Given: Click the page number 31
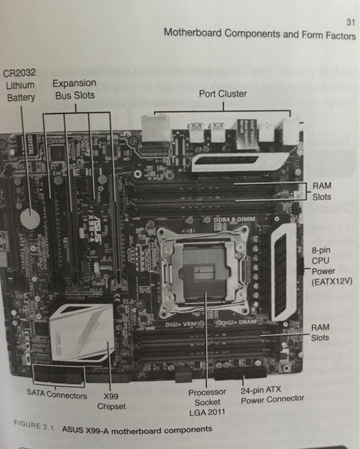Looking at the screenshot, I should click(349, 21).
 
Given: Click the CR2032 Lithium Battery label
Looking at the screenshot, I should click(19, 85).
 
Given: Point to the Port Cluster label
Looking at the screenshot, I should click(223, 93).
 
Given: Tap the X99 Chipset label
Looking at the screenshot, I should click(111, 401).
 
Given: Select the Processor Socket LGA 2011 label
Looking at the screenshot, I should click(207, 402).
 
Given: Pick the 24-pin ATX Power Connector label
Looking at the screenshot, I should click(272, 394).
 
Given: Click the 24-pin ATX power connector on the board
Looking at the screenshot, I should click(240, 373).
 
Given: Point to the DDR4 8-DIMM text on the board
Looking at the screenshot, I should click(231, 218).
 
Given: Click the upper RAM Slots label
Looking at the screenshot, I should click(322, 191).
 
